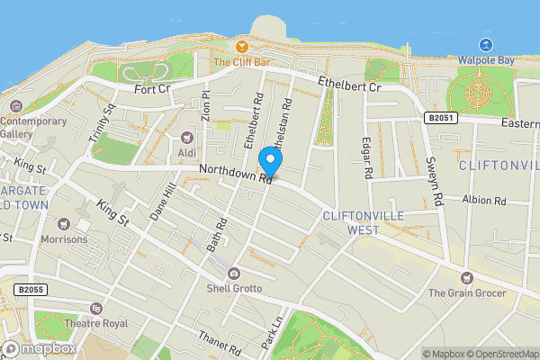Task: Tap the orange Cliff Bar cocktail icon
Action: pyautogui.click(x=241, y=46)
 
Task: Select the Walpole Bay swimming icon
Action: pyautogui.click(x=486, y=44)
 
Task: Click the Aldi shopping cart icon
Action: pyautogui.click(x=187, y=137)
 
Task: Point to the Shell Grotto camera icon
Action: pyautogui.click(x=234, y=273)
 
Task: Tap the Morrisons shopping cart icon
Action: pyautogui.click(x=63, y=223)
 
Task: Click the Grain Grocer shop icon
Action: pyautogui.click(x=465, y=277)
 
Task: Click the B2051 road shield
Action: pyautogui.click(x=437, y=118)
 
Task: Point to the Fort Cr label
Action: pyautogui.click(x=151, y=89)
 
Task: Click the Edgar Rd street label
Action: pyautogui.click(x=367, y=157)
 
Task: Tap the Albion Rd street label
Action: pyautogui.click(x=485, y=200)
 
